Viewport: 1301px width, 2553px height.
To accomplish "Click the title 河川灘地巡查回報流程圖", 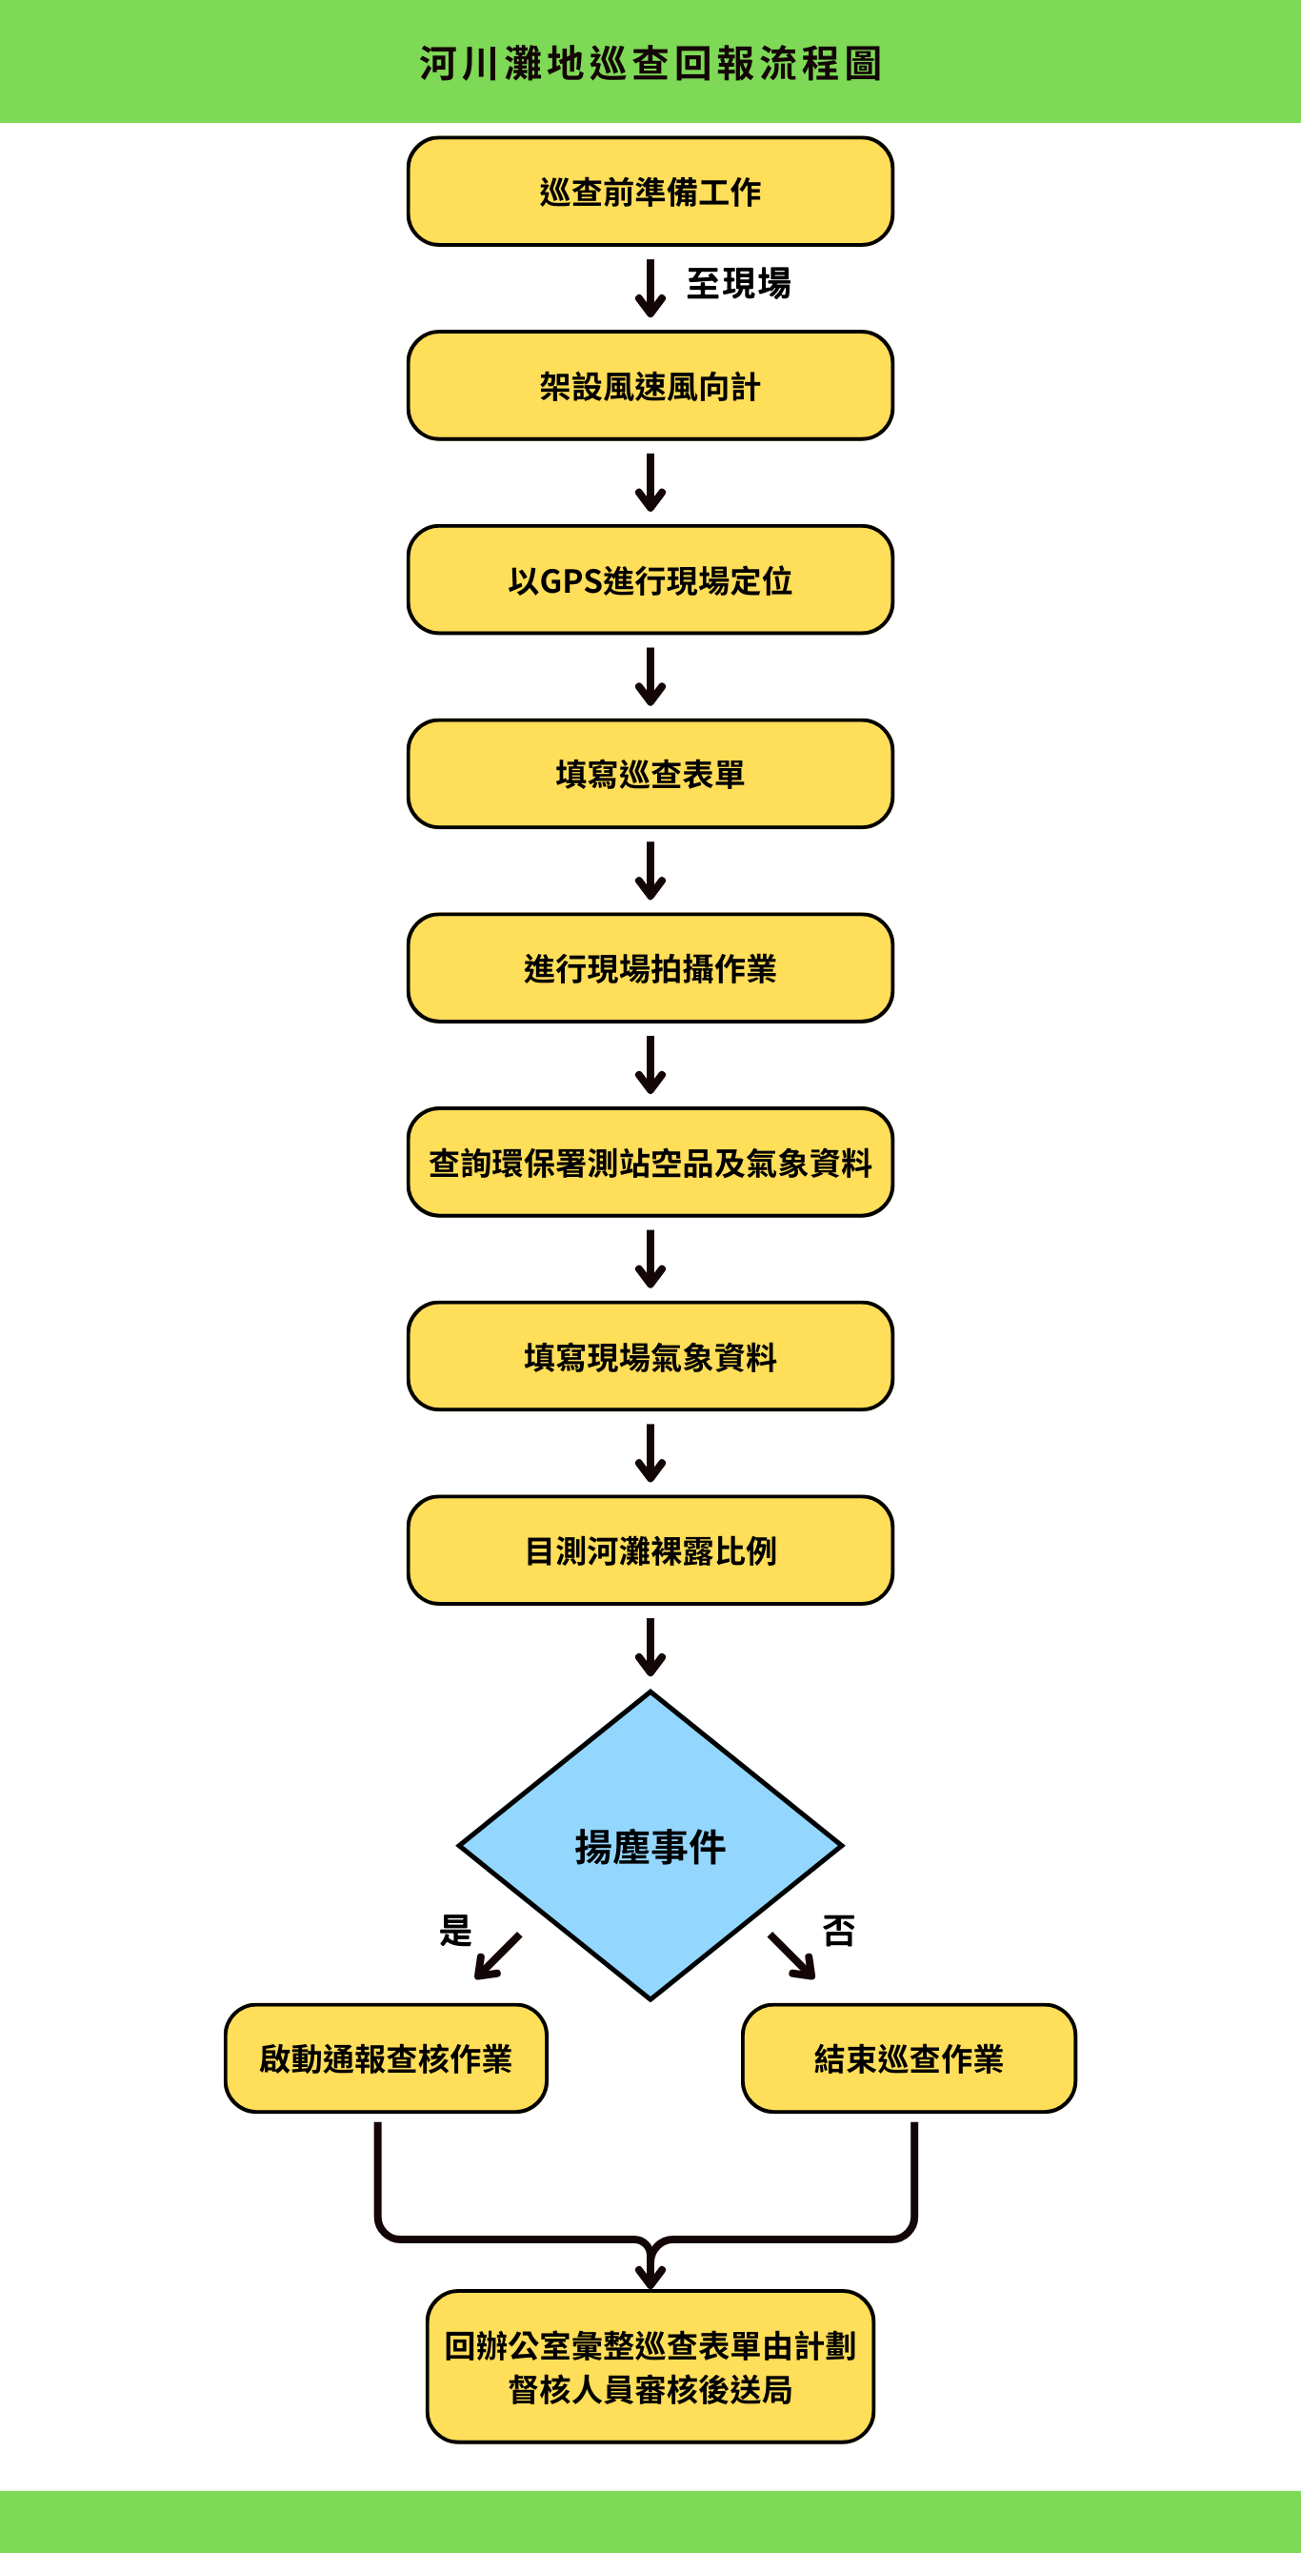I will coord(650,64).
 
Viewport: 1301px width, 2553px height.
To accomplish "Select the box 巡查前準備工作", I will coord(650,192).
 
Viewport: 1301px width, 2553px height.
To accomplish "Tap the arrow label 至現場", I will coord(738,283).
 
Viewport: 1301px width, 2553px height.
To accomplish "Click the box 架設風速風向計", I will coord(650,386).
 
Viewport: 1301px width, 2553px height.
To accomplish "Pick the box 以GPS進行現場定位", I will coord(650,579).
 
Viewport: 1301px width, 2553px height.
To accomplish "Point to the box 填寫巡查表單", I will coord(650,774).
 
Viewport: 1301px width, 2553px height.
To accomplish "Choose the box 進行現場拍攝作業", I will coord(650,968).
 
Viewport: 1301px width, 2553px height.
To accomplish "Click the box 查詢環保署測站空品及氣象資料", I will coord(650,1163).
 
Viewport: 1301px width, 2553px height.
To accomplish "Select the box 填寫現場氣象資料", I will coord(650,1357).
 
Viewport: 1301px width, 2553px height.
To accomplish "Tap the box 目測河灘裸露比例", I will coord(650,1551).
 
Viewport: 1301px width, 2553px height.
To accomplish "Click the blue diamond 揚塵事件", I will coord(650,1846).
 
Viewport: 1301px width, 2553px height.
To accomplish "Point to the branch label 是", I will coord(455,1931).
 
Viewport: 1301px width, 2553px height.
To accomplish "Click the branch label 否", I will coord(838,1931).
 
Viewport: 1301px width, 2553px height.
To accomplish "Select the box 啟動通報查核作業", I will coord(386,2058).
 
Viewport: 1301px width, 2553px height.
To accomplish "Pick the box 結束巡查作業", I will coord(909,2058).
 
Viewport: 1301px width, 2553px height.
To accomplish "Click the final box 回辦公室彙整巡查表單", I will coord(650,2366).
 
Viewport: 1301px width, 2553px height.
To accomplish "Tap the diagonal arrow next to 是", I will coord(497,1956).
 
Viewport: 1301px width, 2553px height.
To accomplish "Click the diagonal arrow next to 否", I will coord(791,1956).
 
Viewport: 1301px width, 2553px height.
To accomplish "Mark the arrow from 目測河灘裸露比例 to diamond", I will coord(650,1647).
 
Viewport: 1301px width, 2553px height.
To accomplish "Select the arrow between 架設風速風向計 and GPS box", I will coord(650,482).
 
